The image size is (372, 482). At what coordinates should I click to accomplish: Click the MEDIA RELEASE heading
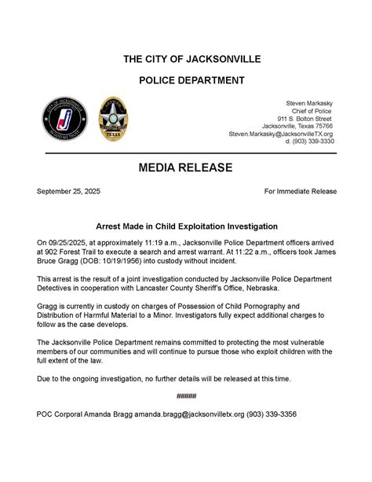pos(185,167)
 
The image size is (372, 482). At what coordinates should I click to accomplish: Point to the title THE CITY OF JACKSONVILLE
pos(185,60)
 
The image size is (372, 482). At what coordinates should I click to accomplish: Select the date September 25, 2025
pos(68,191)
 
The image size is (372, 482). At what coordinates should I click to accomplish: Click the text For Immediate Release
pos(300,191)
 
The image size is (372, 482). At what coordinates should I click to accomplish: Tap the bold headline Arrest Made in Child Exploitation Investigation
pos(185,225)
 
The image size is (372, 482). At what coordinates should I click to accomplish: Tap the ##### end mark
pos(186,396)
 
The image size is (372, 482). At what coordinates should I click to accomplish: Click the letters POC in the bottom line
pos(46,414)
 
